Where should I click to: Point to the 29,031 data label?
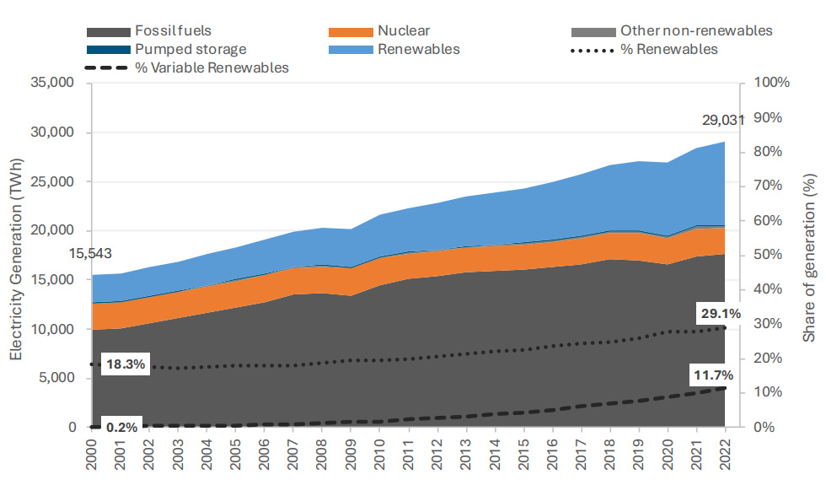pos(723,121)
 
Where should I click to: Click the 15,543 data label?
pos(90,253)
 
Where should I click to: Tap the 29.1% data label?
pos(720,314)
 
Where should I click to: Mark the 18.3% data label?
pos(126,366)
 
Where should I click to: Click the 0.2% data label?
pos(122,426)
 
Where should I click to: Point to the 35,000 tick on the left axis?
pos(52,84)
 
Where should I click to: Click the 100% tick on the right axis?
pos(772,84)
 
